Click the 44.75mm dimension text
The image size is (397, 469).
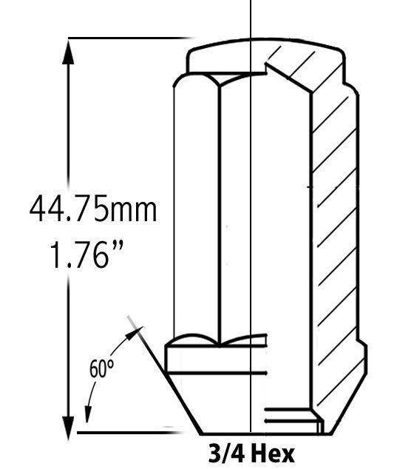pyautogui.click(x=93, y=209)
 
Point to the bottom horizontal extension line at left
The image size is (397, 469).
pyautogui.click(x=126, y=432)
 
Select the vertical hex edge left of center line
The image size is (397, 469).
pyautogui.click(x=221, y=215)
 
